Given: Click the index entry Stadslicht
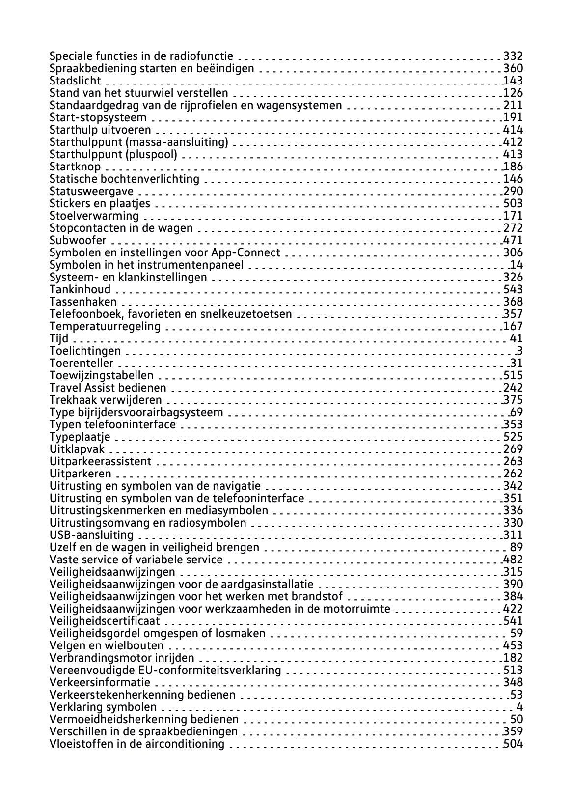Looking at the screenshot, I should tap(75, 81).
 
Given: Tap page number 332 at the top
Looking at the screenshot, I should tap(513, 56).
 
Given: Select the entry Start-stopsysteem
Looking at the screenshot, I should tap(98, 117).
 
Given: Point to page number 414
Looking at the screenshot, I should tap(513, 130).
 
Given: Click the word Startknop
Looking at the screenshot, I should tap(75, 167).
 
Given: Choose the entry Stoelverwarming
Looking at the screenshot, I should tap(94, 216).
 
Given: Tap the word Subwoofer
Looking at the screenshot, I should tap(78, 240).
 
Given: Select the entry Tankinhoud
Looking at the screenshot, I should tap(80, 289).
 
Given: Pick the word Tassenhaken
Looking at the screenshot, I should tap(83, 302).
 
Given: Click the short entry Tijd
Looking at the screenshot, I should tap(59, 338).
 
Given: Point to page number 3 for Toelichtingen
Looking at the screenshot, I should tap(519, 351).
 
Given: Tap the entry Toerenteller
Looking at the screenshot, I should tap(82, 363).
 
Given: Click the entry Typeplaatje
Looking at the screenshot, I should tap(80, 437).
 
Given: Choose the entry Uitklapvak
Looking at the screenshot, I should tap(77, 449).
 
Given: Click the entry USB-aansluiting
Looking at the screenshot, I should tap(91, 535).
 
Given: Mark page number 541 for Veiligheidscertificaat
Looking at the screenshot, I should tap(513, 621).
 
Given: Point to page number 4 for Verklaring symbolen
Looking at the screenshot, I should tap(519, 707).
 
